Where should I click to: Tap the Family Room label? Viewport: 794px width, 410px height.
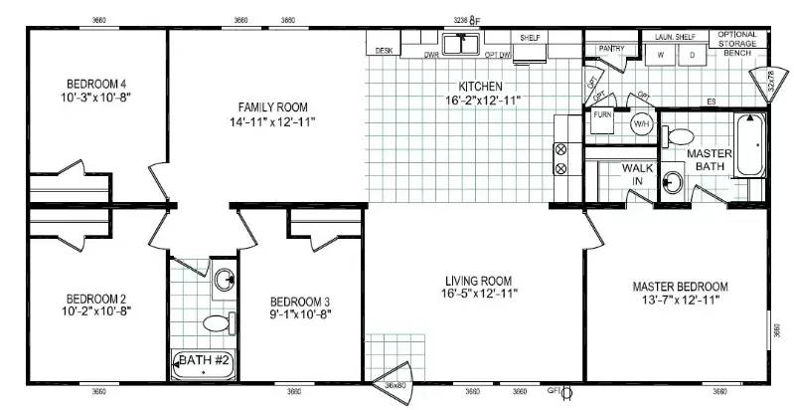tap(272, 106)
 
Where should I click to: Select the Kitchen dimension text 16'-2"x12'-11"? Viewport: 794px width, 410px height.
tap(482, 101)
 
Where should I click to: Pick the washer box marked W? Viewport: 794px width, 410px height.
tap(660, 57)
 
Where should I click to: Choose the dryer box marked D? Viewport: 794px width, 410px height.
tap(692, 57)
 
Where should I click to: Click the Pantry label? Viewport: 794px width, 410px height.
tap(611, 47)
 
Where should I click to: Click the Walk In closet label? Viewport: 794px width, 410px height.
tap(637, 174)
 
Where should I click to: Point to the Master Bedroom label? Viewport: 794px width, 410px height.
tap(681, 287)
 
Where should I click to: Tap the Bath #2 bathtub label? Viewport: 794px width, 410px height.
tap(204, 362)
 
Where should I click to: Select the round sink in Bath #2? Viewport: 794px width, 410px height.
tap(226, 279)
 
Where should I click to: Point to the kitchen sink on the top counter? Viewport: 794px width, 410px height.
tap(462, 44)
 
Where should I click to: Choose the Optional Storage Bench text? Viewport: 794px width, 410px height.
tap(737, 43)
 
